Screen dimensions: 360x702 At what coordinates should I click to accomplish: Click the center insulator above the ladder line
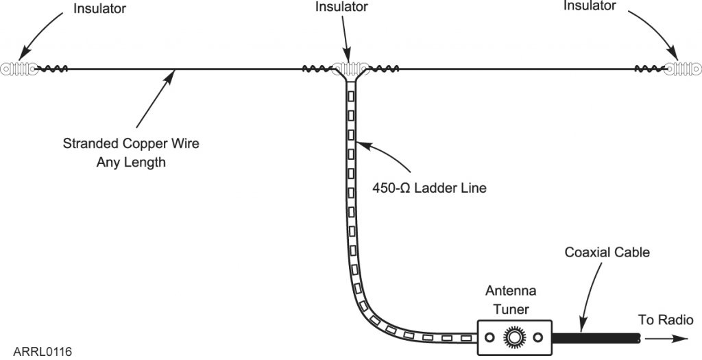coord(351,69)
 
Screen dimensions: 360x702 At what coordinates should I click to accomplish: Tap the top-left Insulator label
coord(100,9)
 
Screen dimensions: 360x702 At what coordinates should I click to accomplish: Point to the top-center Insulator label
coord(341,7)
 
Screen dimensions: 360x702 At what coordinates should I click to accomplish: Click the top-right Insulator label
coord(590,6)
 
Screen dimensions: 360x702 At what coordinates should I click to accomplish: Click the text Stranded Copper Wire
coord(131,145)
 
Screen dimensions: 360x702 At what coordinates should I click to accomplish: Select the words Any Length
coord(131,163)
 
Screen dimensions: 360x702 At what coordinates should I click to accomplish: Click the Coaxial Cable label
coord(607,252)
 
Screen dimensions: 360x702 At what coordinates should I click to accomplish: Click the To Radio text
coord(666,320)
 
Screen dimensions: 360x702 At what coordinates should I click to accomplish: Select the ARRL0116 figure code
coord(43,352)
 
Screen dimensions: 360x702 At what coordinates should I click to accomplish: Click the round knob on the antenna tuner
coord(514,337)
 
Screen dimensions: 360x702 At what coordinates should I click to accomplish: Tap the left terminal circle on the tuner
coord(489,337)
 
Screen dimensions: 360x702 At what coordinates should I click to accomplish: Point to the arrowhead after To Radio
coord(683,337)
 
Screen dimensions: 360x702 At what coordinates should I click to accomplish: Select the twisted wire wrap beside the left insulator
coord(51,69)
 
